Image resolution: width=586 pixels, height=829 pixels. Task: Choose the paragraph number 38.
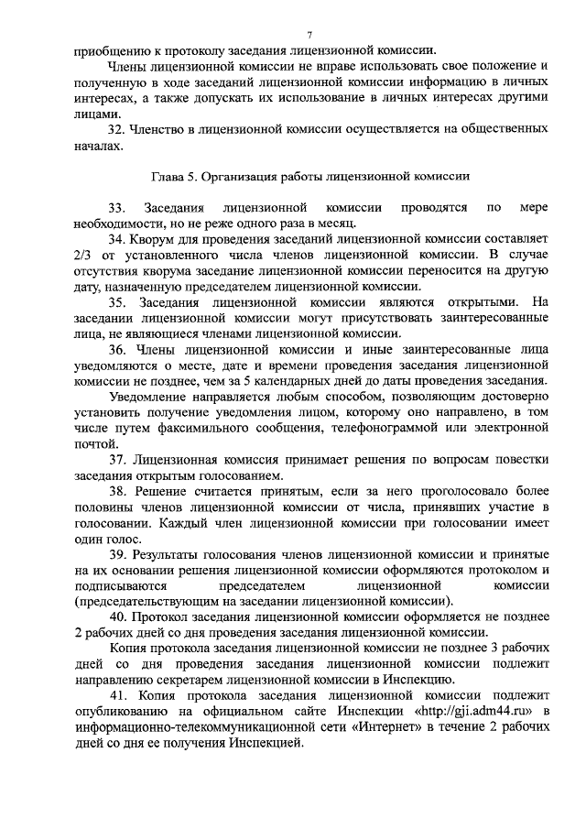coord(117,492)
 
